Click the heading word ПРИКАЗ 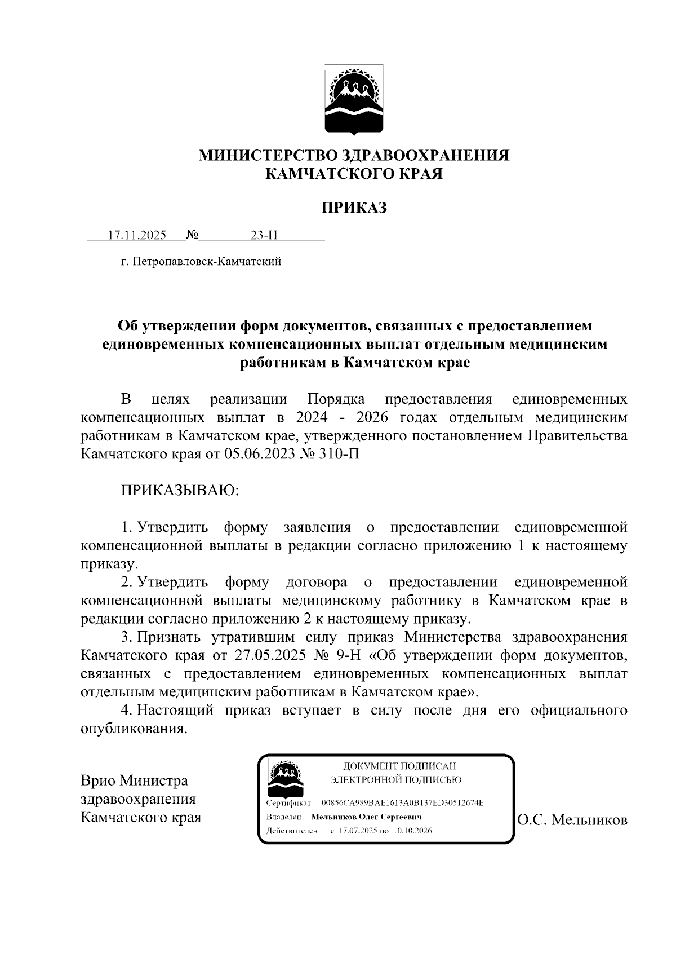tap(354, 208)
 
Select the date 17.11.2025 tap(137, 235)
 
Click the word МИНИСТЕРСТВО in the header tap(267, 155)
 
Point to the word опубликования tap(134, 728)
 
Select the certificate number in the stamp tap(402, 802)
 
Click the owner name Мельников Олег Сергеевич tap(366, 817)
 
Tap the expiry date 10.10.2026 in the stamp tap(413, 831)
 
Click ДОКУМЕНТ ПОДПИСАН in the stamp tap(399, 766)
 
